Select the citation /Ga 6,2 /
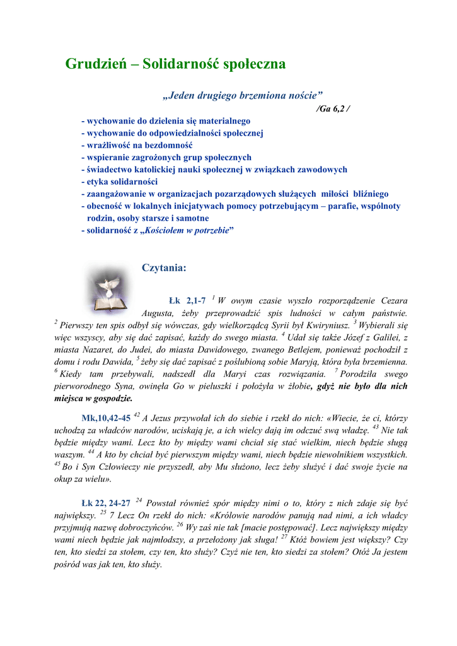(333, 108)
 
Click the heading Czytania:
(164, 267)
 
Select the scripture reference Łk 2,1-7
(187, 301)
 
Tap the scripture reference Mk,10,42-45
(106, 418)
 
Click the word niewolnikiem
(324, 454)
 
